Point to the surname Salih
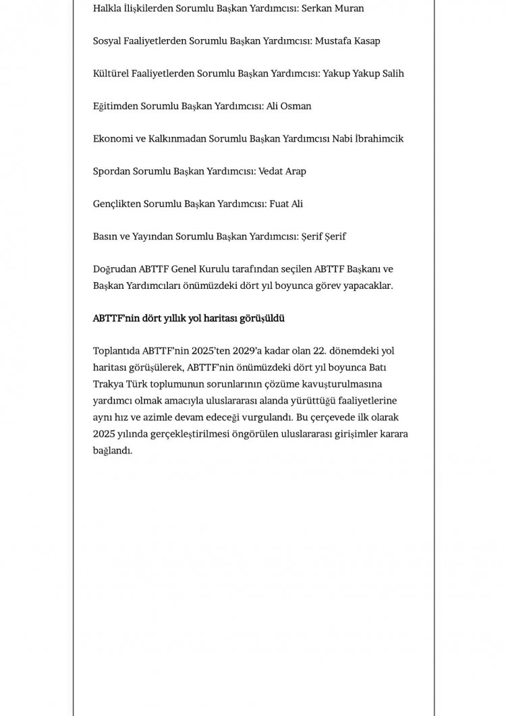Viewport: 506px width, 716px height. point(391,74)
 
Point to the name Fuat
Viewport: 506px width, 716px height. point(280,204)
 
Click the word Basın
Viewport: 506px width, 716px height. point(106,236)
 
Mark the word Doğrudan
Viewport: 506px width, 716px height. point(115,269)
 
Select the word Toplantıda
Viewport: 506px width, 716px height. point(117,350)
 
